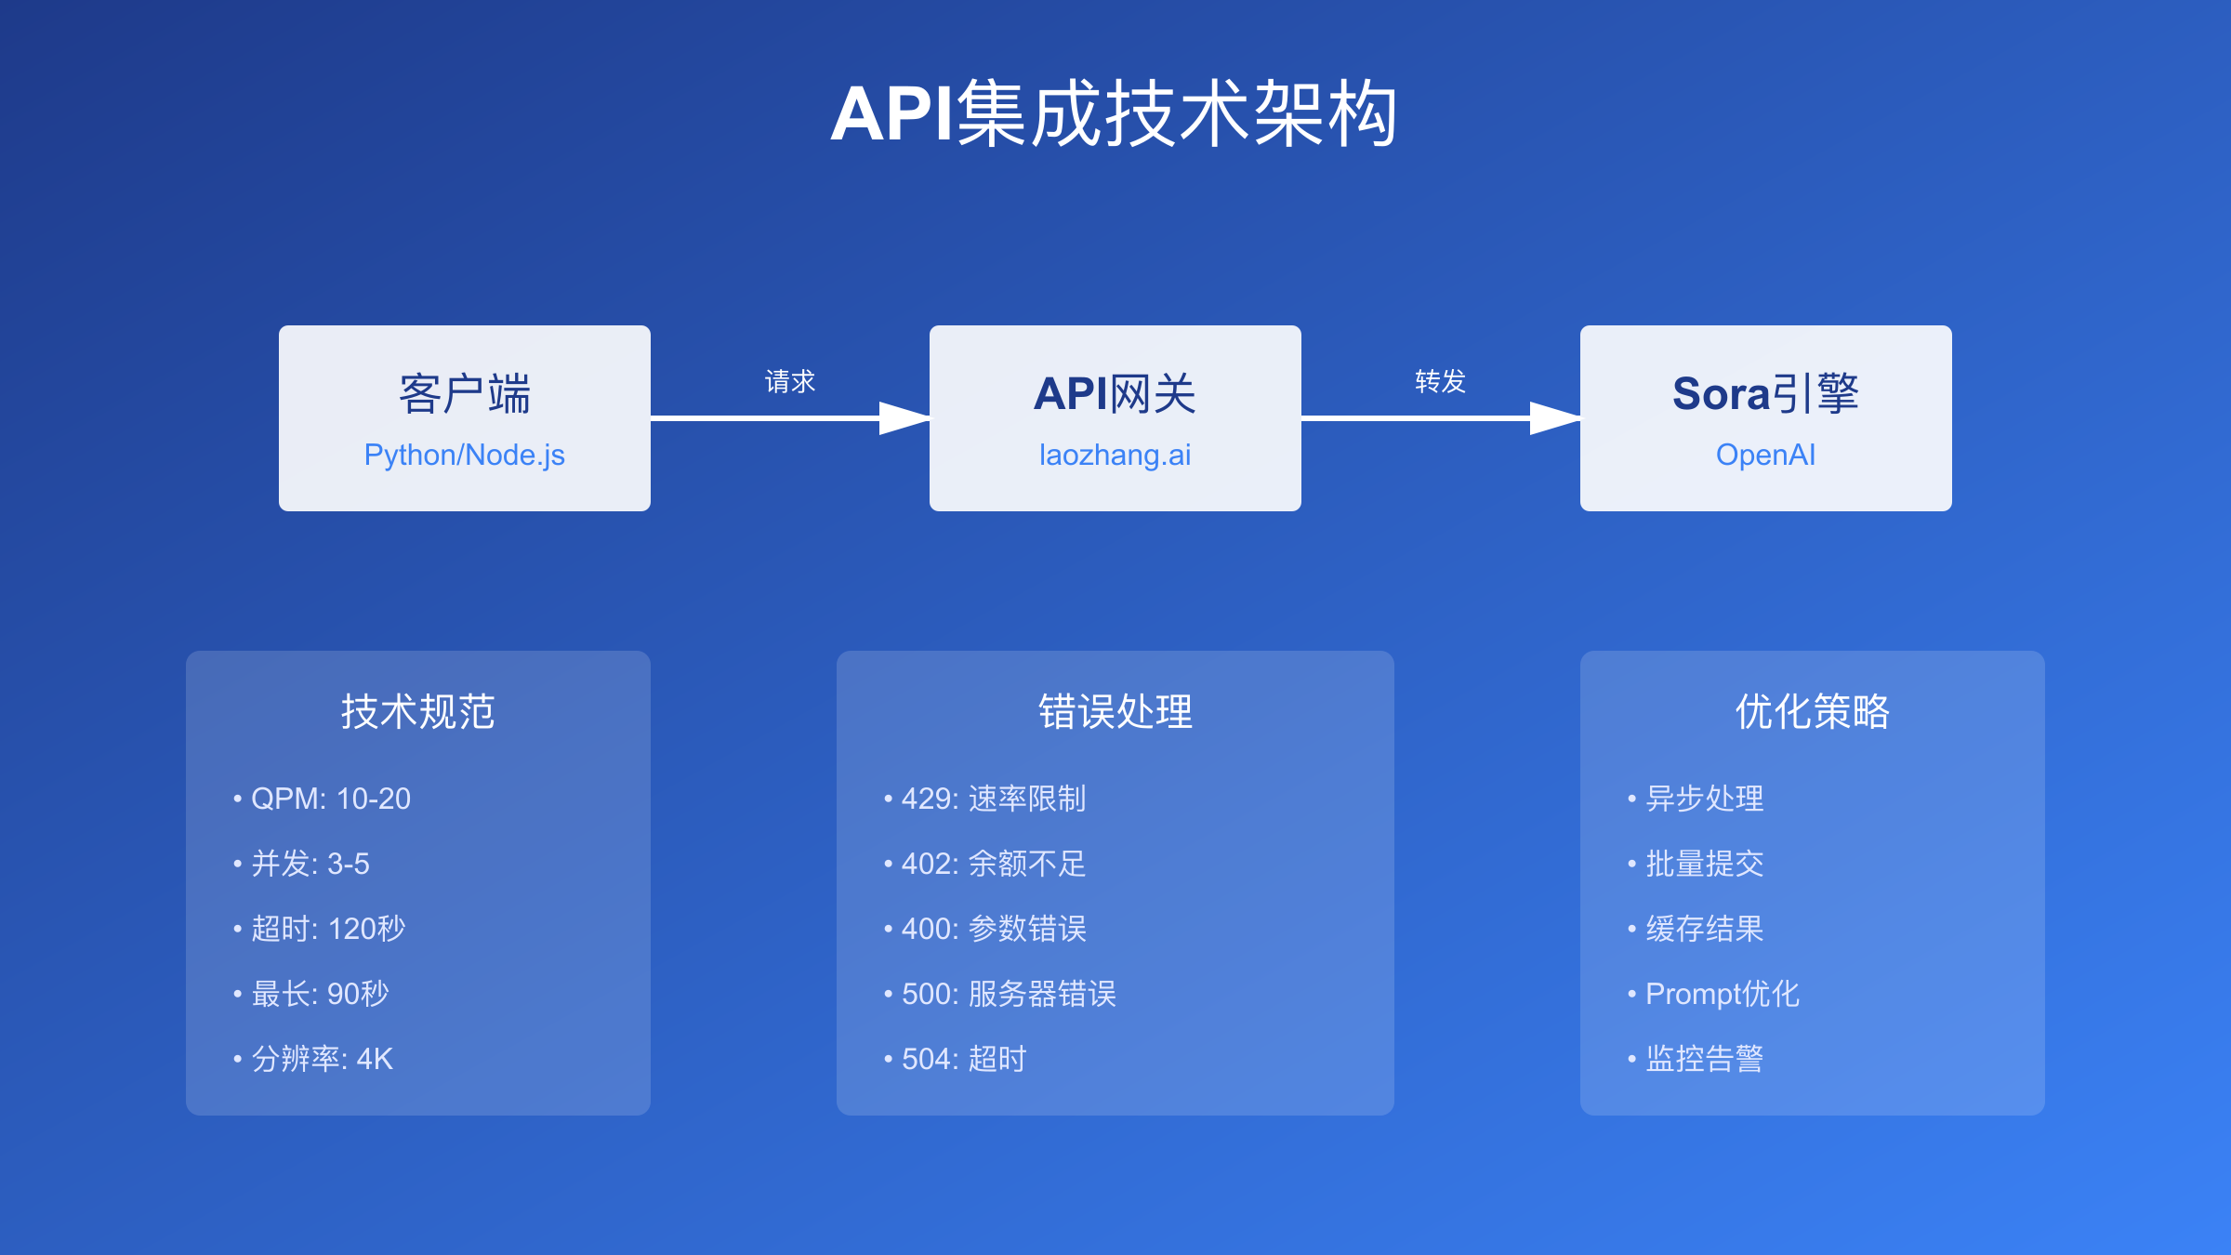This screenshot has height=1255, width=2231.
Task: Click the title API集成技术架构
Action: (1114, 113)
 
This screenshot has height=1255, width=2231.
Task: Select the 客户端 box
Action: (465, 418)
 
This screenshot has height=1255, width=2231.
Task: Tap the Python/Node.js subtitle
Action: (465, 455)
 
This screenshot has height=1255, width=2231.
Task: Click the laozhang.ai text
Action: (1115, 455)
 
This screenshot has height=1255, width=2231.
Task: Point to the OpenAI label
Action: (1765, 455)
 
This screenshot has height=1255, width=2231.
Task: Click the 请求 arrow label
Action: (790, 381)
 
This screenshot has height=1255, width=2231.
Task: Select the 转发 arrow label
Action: (1440, 381)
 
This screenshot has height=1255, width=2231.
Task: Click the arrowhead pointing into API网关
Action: (904, 418)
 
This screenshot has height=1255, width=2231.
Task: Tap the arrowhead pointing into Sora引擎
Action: (1555, 418)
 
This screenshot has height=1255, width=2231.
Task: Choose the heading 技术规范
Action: (418, 712)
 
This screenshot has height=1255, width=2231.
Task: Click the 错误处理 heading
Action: (1115, 712)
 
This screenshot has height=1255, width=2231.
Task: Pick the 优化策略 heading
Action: (1813, 712)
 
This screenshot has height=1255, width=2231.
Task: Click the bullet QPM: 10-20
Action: (322, 799)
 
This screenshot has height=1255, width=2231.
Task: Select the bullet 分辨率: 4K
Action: (313, 1059)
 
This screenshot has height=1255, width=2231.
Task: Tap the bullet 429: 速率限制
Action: (984, 799)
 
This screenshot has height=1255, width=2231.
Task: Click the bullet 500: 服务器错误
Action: (999, 994)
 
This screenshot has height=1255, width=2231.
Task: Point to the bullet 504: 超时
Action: (955, 1059)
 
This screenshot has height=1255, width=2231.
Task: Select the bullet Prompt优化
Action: (1713, 994)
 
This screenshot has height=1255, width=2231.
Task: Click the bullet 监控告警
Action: (1695, 1059)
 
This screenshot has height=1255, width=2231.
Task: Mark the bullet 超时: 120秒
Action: (319, 929)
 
